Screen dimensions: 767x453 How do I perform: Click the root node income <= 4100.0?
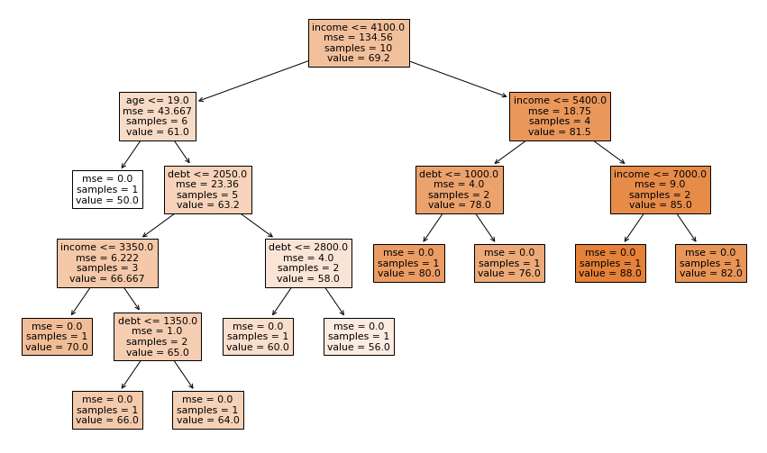(358, 43)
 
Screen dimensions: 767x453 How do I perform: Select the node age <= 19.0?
(157, 116)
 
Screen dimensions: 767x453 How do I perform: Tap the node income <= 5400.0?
(560, 116)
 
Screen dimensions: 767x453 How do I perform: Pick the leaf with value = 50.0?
(107, 189)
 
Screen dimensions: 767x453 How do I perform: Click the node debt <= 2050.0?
(207, 189)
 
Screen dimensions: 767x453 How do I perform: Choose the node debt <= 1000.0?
(459, 189)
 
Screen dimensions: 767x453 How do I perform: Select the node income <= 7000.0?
(660, 189)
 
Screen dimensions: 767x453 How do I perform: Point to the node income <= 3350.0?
(107, 263)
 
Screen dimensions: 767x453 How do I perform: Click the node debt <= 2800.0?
(308, 263)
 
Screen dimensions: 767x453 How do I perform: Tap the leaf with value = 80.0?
(409, 263)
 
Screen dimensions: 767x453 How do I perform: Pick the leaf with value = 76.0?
(509, 263)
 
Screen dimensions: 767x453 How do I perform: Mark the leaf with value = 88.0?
(610, 263)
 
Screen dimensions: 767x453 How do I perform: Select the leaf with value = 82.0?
(711, 263)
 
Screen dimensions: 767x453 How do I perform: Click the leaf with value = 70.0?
(57, 336)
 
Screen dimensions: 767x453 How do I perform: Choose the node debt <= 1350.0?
(157, 336)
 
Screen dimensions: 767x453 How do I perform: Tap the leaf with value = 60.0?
(258, 336)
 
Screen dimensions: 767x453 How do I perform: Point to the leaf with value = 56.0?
(359, 336)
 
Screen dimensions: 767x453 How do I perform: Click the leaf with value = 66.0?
(107, 409)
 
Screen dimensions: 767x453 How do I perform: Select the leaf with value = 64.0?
(207, 409)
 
